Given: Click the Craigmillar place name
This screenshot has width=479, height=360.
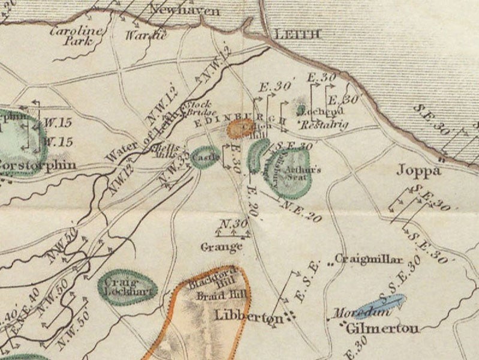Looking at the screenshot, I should [368, 259].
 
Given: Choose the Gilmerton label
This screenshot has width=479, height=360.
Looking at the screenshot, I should [382, 328].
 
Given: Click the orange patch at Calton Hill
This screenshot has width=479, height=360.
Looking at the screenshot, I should [241, 128].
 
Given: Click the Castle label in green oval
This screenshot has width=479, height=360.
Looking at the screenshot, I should [206, 156].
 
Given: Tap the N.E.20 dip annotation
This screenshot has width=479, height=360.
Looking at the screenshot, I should [305, 211].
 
